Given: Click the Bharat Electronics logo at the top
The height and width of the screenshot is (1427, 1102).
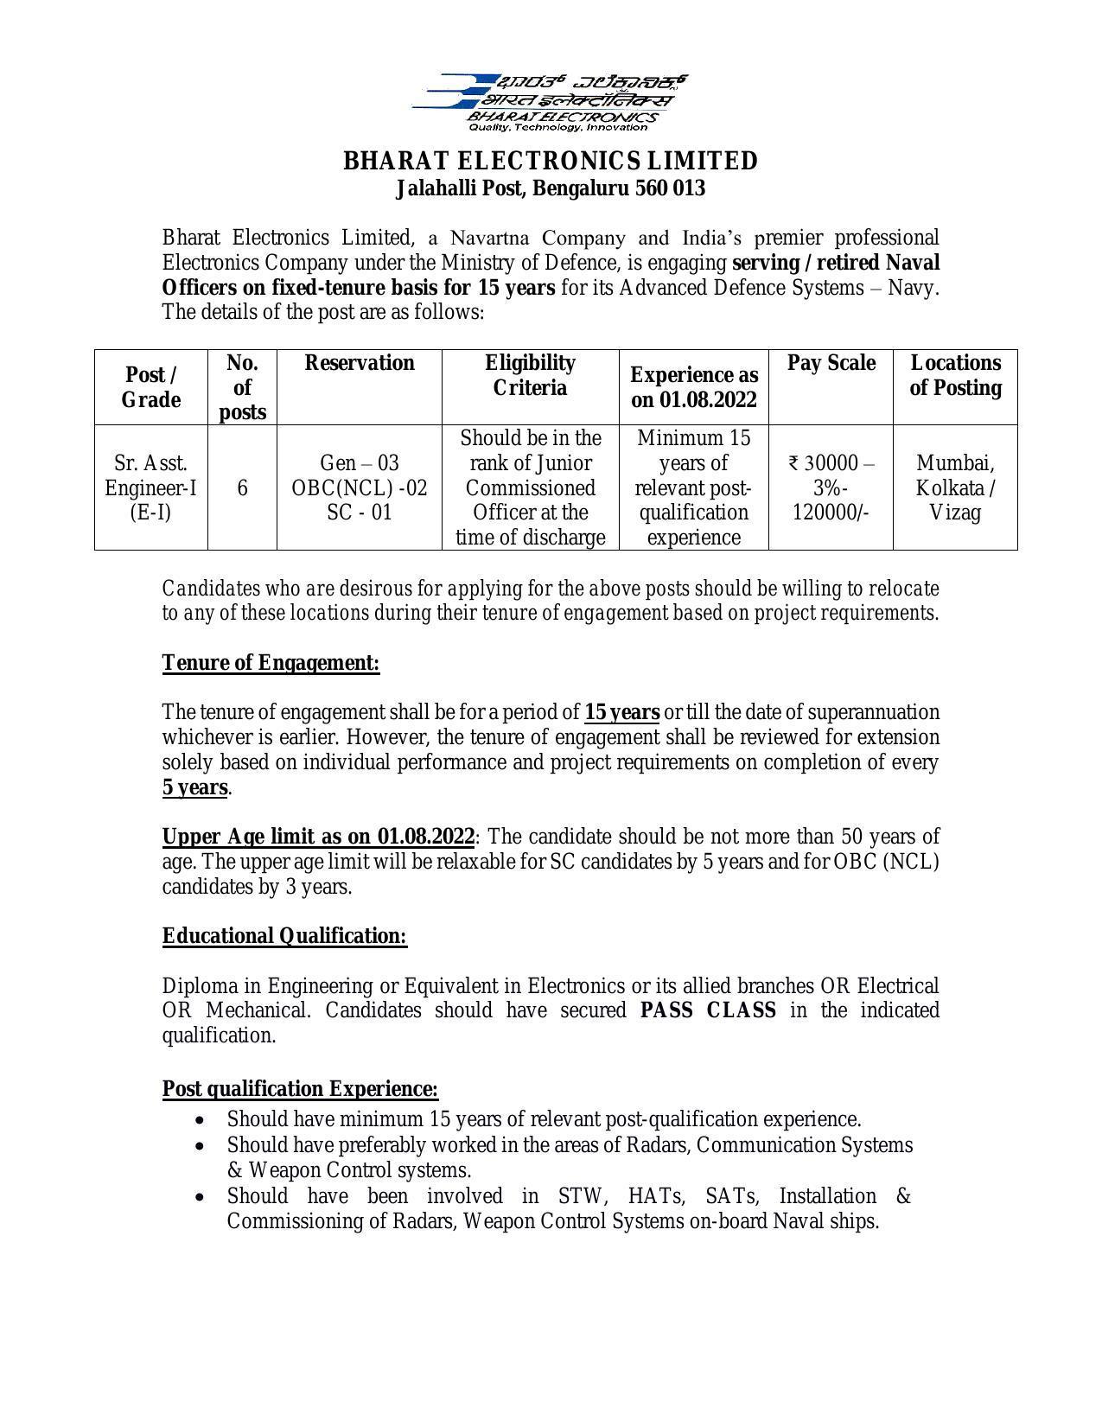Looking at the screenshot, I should (550, 102).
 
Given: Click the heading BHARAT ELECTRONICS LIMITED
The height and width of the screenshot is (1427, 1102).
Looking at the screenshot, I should (551, 162).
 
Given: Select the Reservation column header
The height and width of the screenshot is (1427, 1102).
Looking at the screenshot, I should (360, 363).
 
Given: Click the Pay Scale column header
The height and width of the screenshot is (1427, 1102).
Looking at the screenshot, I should (831, 363).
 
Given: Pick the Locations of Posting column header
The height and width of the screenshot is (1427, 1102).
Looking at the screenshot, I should (955, 375).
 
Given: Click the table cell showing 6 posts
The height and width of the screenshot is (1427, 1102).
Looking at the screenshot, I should (242, 487).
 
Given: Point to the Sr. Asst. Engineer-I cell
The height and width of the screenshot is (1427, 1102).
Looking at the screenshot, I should (150, 487).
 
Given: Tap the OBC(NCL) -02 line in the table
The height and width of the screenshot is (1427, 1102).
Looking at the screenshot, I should (360, 487).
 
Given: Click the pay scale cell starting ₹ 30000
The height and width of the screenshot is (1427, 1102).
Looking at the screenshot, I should (831, 487).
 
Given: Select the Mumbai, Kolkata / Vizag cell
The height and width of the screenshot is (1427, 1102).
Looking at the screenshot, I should (955, 487).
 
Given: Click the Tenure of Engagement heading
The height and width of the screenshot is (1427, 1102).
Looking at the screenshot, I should (271, 663).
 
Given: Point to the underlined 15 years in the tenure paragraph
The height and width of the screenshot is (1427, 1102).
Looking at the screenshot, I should (622, 713).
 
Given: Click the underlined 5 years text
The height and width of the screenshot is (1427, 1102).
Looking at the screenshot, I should (195, 788).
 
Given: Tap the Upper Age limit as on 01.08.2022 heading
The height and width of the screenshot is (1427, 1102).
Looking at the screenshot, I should (318, 838).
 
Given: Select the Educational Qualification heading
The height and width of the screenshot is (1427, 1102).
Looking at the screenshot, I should (284, 936).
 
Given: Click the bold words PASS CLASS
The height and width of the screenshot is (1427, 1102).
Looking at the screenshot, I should (708, 1010).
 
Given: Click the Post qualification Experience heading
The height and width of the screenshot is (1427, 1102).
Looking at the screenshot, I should (300, 1089).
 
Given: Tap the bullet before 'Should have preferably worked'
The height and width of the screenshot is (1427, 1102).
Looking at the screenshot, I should (201, 1146).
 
